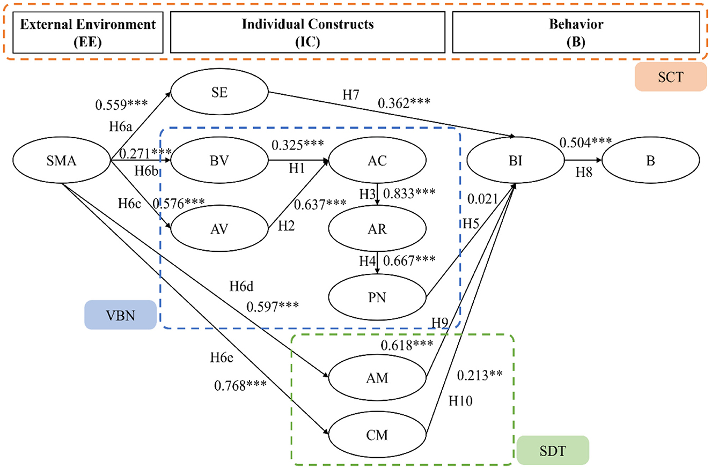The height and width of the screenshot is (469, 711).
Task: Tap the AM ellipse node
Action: click(378, 378)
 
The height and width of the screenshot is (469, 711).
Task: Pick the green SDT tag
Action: click(553, 449)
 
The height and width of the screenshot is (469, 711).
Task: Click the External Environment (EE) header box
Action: click(87, 33)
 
